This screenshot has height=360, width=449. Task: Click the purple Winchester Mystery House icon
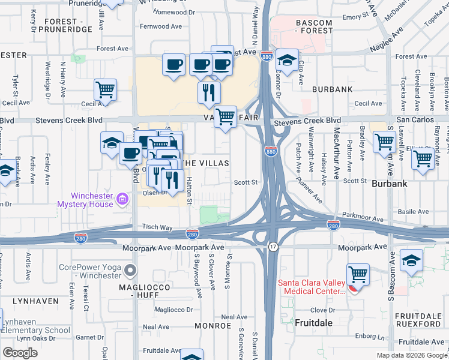(123, 198)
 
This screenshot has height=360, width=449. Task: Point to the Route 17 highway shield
(273, 247)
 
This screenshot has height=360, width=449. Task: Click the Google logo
(20, 352)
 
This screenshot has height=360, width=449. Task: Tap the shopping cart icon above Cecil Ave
(105, 89)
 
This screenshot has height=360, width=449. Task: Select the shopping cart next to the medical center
(358, 275)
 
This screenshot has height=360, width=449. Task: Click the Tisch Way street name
(157, 227)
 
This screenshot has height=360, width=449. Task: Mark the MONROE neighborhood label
(212, 326)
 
